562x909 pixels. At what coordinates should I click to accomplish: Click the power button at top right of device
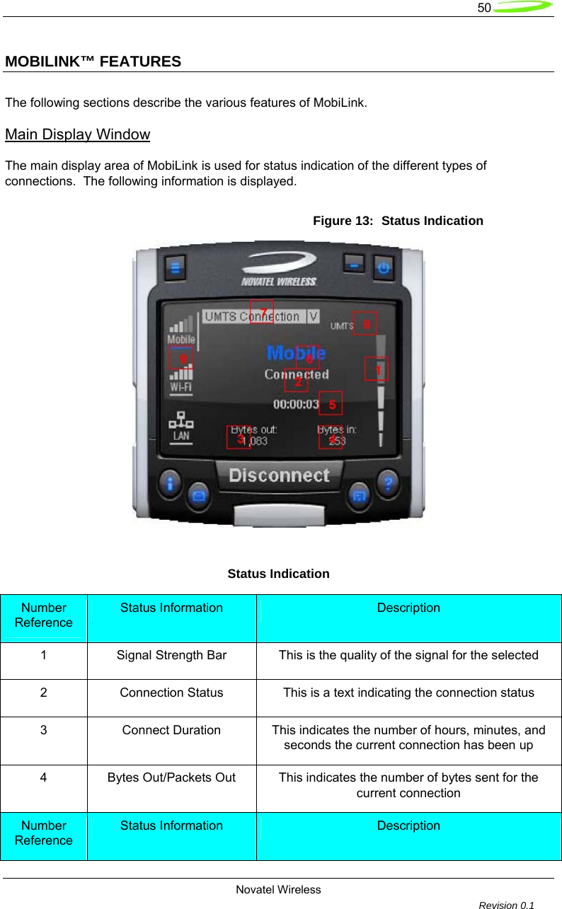point(384,268)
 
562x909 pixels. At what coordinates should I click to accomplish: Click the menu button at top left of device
point(176,268)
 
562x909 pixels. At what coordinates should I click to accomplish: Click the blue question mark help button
point(388,485)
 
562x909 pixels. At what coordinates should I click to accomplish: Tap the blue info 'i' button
point(171,485)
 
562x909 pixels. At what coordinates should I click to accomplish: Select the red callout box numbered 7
point(262,312)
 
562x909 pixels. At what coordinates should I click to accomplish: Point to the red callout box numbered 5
point(331,403)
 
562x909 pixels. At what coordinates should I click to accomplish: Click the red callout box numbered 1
point(377,369)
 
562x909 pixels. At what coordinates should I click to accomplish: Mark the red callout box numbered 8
point(365,323)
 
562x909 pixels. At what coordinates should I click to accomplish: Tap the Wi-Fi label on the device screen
point(180,388)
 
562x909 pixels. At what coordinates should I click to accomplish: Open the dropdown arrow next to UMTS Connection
point(313,316)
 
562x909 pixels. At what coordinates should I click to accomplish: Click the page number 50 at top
point(484,8)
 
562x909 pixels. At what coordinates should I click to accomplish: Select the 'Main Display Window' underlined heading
point(77,134)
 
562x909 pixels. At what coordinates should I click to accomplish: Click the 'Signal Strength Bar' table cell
point(171,655)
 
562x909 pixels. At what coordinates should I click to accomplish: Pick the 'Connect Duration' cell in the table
point(171,730)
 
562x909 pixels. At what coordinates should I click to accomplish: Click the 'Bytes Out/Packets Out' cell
point(171,777)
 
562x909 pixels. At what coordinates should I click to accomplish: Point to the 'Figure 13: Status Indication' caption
point(398,221)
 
